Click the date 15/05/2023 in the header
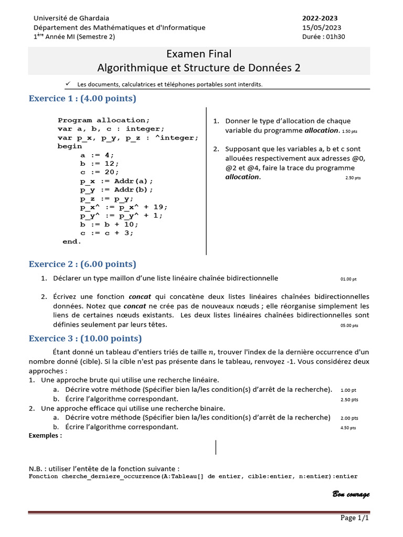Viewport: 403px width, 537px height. point(322,28)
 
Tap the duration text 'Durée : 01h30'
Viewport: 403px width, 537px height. point(324,37)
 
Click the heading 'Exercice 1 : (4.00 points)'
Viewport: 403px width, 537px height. point(82,99)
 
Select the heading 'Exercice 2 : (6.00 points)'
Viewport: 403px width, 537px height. point(82,264)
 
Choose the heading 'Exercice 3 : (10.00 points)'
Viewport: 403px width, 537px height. point(85,338)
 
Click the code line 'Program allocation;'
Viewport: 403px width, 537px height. point(104,120)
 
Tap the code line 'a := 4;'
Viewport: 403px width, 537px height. point(97,155)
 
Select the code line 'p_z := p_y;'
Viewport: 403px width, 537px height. point(107,199)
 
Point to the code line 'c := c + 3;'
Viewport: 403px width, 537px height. point(107,233)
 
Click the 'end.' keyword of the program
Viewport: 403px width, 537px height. point(72,242)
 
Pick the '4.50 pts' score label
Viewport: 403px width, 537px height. point(348,428)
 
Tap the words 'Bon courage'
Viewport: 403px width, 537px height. point(351,495)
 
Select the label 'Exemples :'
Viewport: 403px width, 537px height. point(45,435)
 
